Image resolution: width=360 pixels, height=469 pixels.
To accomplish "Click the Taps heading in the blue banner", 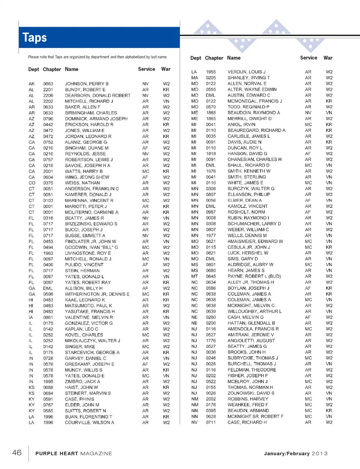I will pyautogui.click(x=34, y=37).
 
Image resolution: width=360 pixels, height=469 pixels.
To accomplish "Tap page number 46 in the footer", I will pyautogui.click(x=17, y=453).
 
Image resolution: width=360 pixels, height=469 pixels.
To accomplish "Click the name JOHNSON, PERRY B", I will pyautogui.click(x=87, y=84).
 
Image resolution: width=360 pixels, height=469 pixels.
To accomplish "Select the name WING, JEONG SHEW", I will pyautogui.click(x=87, y=177).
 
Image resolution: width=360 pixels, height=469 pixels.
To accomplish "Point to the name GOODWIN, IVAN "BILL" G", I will pyautogui.click(x=91, y=247).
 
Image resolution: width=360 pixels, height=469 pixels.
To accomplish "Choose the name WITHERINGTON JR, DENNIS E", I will pyautogui.click(x=97, y=294).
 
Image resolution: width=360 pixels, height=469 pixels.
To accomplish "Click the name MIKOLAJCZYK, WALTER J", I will pyautogui.click(x=92, y=341).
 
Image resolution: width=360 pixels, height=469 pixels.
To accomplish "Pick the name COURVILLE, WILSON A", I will pyautogui.click(x=89, y=423).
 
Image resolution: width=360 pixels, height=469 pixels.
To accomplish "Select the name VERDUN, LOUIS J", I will pyautogui.click(x=246, y=72).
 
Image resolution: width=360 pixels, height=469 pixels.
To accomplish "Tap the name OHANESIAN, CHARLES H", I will pyautogui.click(x=255, y=159).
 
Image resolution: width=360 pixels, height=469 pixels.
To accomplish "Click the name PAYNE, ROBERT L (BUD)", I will pyautogui.click(x=254, y=276).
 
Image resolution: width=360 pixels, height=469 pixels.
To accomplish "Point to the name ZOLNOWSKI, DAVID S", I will pyautogui.click(x=251, y=393).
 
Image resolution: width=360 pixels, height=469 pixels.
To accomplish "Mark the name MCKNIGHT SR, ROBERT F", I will pyautogui.click(x=255, y=417).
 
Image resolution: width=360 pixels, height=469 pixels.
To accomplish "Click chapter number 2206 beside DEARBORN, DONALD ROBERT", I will pyautogui.click(x=48, y=96).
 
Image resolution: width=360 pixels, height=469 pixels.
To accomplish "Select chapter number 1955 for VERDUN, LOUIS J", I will pyautogui.click(x=211, y=72).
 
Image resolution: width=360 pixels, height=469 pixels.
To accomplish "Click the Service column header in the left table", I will pyautogui.click(x=146, y=69).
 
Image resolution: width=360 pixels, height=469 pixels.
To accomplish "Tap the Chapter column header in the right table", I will pyautogui.click(x=214, y=58).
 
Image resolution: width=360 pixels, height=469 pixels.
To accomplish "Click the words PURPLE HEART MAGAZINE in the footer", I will pyautogui.click(x=73, y=454).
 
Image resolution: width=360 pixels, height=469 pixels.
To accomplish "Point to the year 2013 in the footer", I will pyautogui.click(x=319, y=454).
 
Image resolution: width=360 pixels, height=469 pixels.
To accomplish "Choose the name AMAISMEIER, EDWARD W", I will pyautogui.click(x=255, y=241).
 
